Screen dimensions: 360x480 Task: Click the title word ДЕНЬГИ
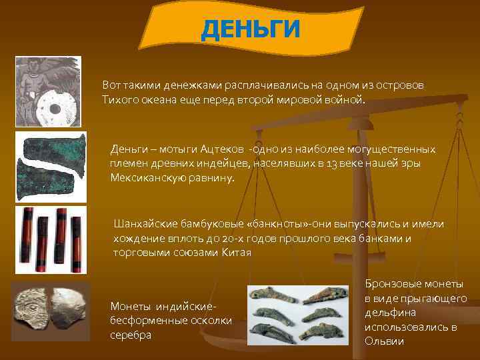[251, 29]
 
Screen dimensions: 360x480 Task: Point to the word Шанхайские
[146, 224]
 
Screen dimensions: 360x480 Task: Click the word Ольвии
[385, 341]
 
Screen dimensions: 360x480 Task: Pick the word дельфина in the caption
[394, 312]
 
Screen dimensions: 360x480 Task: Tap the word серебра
[131, 335]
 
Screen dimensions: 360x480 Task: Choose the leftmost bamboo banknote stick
[27, 239]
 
